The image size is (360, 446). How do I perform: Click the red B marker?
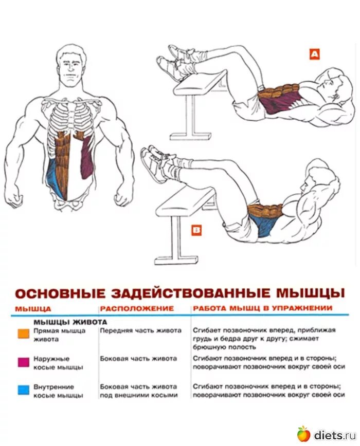(196, 231)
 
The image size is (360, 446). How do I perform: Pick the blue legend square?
(23, 390)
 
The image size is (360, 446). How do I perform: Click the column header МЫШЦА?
(33, 308)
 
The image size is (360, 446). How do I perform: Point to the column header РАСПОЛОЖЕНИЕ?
(137, 308)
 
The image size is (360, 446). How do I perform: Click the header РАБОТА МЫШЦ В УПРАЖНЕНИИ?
(262, 308)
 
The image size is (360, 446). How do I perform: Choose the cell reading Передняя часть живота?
(140, 330)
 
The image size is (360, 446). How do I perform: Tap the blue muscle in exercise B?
(263, 224)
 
